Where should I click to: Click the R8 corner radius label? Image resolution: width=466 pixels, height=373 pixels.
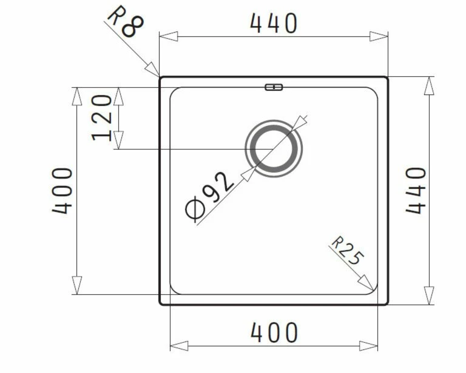[126, 22]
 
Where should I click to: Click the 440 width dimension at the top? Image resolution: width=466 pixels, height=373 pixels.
[274, 23]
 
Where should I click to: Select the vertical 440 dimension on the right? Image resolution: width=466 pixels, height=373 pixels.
[416, 190]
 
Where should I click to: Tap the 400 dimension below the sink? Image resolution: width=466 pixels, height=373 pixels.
[274, 332]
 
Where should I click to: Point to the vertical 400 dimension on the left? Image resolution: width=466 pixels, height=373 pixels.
[62, 191]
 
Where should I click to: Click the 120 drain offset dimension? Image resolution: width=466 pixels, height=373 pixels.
[102, 117]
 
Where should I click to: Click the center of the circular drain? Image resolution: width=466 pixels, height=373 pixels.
[274, 148]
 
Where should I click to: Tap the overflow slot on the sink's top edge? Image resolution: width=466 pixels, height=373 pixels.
[274, 87]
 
